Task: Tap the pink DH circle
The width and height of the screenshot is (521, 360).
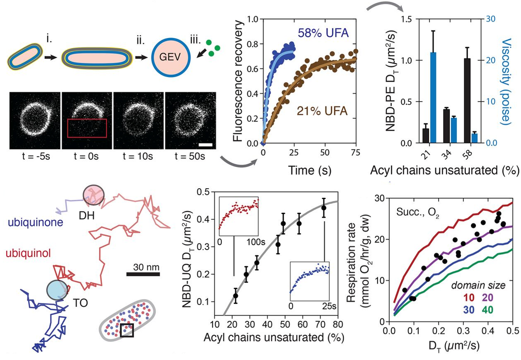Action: pyautogui.click(x=91, y=195)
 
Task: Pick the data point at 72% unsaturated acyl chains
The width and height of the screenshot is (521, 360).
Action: pyautogui.click(x=324, y=208)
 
